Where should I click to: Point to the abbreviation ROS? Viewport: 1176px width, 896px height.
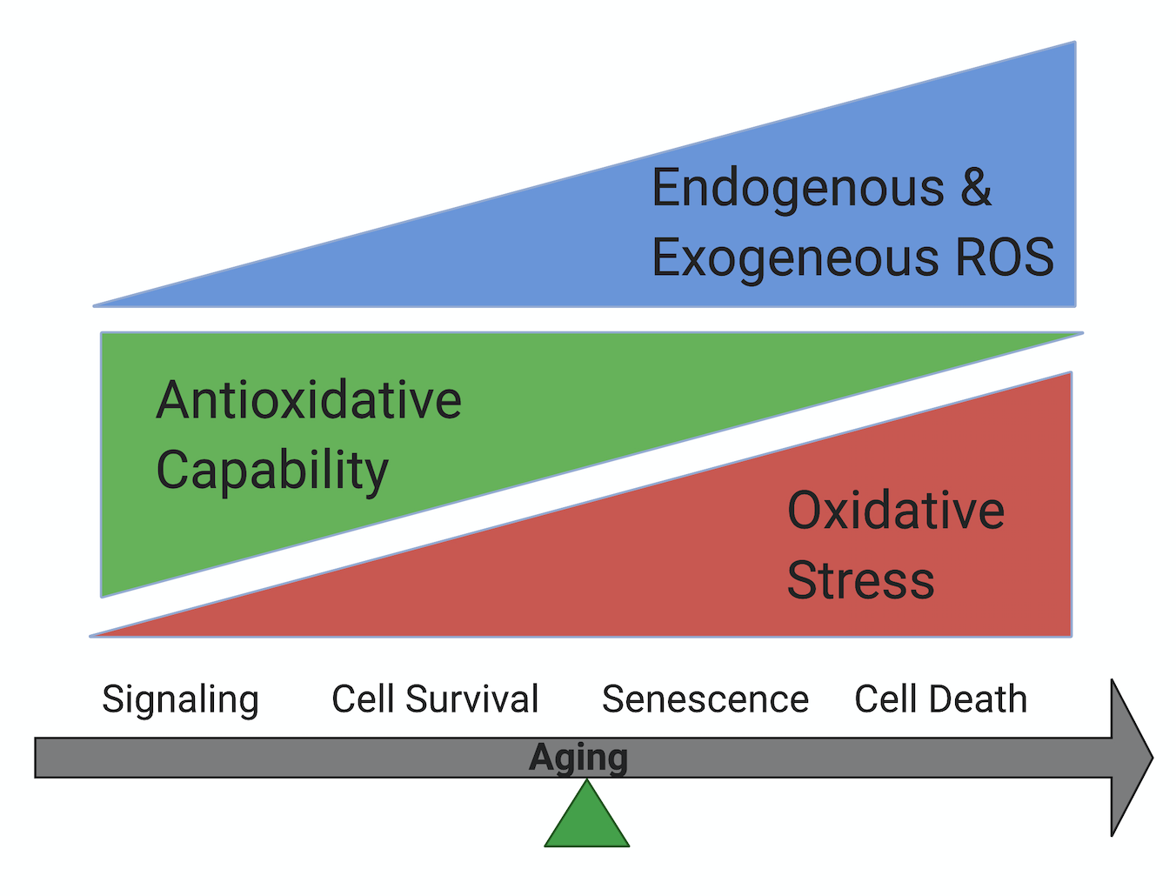(x=1006, y=257)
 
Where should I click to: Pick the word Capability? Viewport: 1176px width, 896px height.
(x=272, y=472)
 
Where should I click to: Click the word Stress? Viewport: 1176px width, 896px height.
(x=861, y=580)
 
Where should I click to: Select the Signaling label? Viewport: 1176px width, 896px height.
(x=181, y=700)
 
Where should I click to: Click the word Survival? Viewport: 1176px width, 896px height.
(x=472, y=699)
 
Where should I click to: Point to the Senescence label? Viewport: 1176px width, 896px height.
(x=705, y=699)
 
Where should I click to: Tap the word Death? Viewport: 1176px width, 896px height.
(x=979, y=699)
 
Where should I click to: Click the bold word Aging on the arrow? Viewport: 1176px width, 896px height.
(x=578, y=759)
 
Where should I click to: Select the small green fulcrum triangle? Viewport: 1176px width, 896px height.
(x=586, y=818)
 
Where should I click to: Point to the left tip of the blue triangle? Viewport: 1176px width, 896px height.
(x=94, y=306)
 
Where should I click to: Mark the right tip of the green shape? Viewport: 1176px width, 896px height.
(x=1083, y=333)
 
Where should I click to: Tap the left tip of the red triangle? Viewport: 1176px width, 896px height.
(x=90, y=636)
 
